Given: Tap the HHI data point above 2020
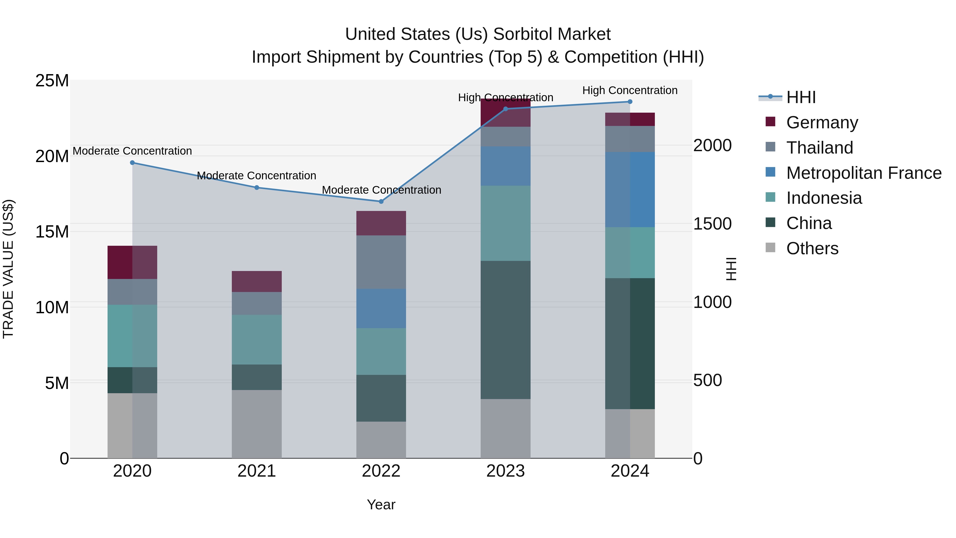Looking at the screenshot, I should (132, 163).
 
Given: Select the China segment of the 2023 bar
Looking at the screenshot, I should (505, 330).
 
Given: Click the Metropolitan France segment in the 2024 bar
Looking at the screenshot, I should (630, 189).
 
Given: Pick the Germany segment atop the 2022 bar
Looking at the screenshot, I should (381, 223).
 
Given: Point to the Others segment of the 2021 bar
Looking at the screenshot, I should (257, 424).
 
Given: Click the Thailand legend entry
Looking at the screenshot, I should (820, 148).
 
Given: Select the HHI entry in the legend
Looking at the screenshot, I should (801, 97).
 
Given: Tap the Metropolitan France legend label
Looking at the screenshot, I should (864, 173).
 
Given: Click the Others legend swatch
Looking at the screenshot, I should (770, 248).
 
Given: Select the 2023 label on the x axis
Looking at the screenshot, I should (505, 471).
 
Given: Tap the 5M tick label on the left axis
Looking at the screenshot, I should (57, 383).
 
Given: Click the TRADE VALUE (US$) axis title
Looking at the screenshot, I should (8, 269).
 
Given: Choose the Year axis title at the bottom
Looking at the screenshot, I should (381, 505).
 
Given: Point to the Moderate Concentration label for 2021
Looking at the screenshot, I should (257, 176).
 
